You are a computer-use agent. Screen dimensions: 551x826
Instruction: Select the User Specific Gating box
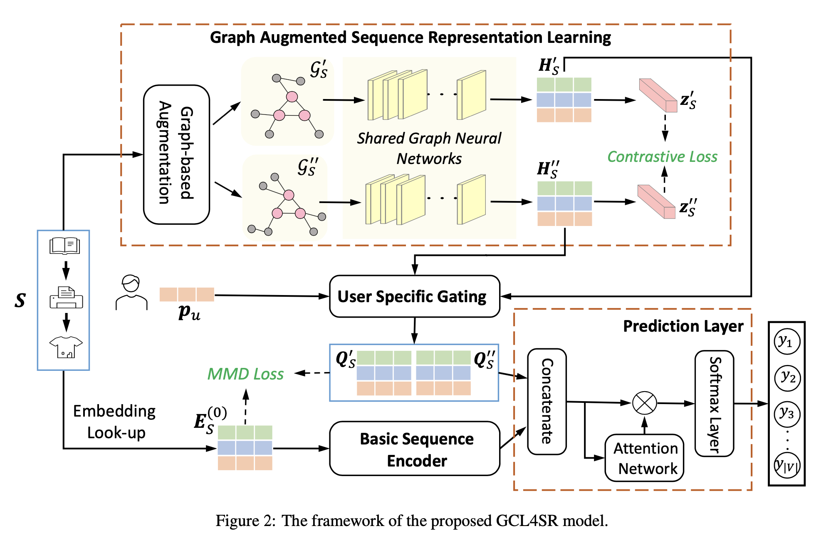414,296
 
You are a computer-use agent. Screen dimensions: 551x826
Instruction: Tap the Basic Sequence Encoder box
414,449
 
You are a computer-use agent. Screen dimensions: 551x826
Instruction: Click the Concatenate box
547,402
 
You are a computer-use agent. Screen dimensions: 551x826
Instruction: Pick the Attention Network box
644,458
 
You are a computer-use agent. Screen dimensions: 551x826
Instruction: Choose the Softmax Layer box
714,403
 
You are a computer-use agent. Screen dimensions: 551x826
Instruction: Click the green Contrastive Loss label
662,157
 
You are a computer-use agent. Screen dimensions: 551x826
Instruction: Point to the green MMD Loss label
245,374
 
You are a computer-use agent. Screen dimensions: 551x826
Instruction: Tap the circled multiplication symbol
644,403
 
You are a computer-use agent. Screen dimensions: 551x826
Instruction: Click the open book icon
64,246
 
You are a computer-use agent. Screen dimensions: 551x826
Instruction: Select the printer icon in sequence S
66,298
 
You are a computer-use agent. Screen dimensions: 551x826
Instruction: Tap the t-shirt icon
66,347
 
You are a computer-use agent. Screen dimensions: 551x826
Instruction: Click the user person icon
131,292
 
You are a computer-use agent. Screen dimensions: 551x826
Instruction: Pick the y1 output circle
786,342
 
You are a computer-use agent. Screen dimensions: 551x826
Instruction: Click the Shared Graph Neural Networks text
429,148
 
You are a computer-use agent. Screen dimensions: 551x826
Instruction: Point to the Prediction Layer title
683,326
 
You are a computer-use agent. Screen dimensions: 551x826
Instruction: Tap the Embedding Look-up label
114,422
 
